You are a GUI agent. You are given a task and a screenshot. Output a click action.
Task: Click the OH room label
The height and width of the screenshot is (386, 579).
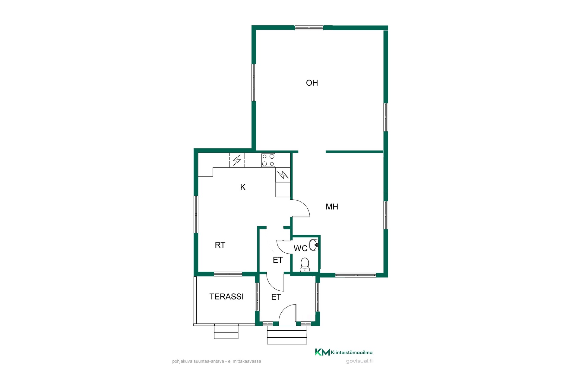(312, 83)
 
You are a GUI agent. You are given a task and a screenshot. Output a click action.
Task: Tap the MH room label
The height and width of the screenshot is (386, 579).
(332, 207)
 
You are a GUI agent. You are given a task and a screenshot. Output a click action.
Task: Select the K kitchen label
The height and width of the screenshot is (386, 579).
(243, 187)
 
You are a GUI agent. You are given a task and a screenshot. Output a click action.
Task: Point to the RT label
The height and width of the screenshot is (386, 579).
(220, 245)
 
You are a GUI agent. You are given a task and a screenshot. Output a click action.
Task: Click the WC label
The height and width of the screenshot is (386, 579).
(300, 248)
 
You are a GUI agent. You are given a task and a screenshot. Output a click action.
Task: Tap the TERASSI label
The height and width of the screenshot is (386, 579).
(226, 297)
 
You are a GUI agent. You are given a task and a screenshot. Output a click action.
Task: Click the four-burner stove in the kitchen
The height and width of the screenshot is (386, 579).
(268, 160)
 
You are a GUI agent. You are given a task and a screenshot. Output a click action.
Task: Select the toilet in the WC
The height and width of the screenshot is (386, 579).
(305, 264)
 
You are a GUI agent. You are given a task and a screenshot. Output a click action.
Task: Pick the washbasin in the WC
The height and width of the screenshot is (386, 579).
(314, 244)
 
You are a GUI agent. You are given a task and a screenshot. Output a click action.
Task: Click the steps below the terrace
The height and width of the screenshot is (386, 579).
(226, 332)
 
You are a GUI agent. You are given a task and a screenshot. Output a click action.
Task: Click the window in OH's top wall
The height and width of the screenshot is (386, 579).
(309, 28)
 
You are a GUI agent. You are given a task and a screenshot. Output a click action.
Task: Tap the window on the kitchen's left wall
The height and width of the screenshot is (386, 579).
(196, 214)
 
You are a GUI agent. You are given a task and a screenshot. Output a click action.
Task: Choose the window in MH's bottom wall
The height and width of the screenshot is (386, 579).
(356, 275)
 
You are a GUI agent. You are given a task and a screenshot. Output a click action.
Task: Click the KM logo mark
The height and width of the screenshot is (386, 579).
(322, 352)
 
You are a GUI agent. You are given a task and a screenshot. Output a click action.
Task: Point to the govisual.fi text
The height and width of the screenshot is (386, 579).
(359, 361)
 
